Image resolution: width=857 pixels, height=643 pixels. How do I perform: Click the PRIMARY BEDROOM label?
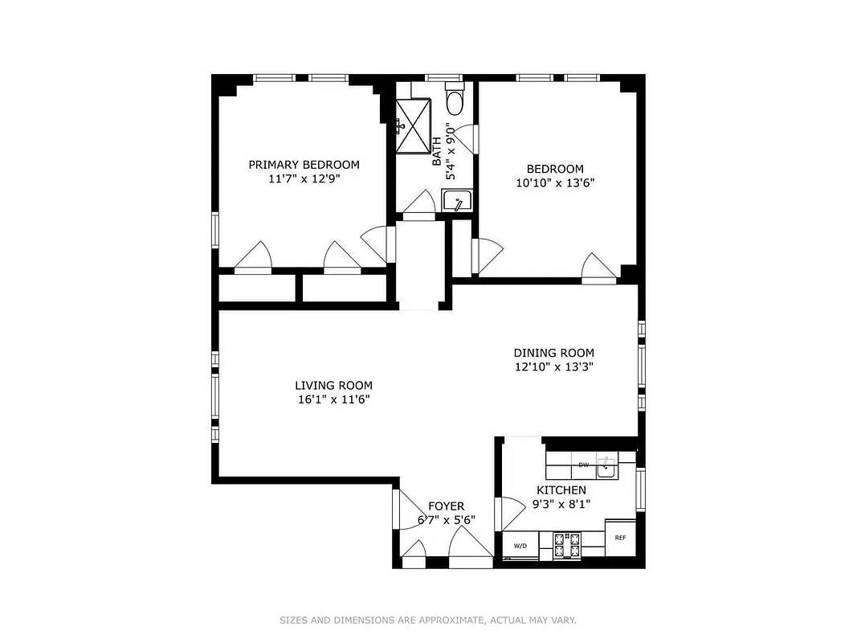304,165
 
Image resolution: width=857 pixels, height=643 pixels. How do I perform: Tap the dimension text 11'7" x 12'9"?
304,179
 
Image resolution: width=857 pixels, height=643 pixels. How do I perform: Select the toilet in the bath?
455,102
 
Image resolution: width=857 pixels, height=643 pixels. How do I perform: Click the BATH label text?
437,151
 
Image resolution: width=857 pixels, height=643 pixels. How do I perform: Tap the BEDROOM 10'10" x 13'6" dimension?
555,182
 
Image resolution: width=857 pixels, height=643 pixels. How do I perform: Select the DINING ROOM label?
553,353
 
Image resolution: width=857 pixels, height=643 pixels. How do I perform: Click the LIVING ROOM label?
333,386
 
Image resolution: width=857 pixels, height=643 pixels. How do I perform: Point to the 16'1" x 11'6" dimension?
333,399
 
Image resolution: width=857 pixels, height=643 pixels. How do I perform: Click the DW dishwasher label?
584,465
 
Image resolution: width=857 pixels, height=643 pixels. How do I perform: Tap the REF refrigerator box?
621,539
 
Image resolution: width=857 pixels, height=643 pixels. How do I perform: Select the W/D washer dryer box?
520,547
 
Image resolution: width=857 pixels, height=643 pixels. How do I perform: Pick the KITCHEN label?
561,490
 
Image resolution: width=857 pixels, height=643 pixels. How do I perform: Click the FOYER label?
446,506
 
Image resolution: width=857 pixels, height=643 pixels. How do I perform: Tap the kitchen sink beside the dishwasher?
607,465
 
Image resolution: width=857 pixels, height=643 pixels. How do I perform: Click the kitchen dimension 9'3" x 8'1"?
561,504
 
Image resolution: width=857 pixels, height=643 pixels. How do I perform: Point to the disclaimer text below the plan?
428,620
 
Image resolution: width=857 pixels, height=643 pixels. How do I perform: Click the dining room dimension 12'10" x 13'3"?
553,367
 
